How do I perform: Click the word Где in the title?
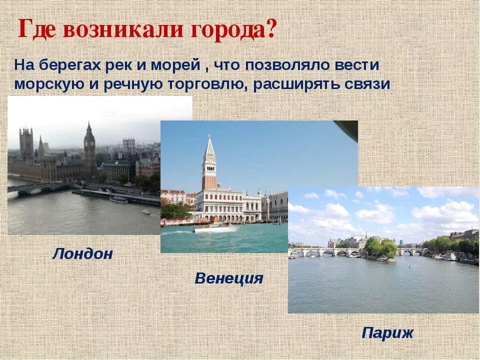(x=38, y=29)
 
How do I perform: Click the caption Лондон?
(x=82, y=254)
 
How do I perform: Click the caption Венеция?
(x=228, y=278)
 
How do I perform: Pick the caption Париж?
(x=387, y=333)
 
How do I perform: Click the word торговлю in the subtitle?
(x=208, y=84)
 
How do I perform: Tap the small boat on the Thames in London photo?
(x=146, y=212)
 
